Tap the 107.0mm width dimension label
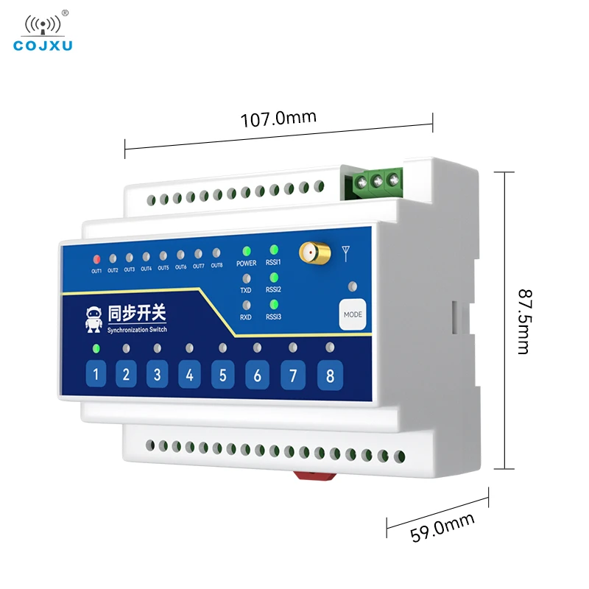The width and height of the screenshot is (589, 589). click(x=278, y=118)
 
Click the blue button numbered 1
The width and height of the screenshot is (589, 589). click(x=95, y=375)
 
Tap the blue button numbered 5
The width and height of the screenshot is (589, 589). click(x=222, y=375)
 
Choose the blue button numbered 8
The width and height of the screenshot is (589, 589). click(x=330, y=376)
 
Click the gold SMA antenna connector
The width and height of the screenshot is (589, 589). click(x=312, y=253)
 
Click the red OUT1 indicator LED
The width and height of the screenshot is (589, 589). click(x=96, y=259)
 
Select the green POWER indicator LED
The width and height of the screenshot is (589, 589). click(x=247, y=251)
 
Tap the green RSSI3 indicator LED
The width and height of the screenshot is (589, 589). click(x=274, y=304)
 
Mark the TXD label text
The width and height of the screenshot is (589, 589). click(x=246, y=290)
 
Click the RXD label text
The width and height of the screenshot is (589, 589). click(x=246, y=318)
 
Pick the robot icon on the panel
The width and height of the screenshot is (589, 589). click(x=93, y=319)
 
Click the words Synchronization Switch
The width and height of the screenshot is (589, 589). click(x=136, y=330)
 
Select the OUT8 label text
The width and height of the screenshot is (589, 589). click(x=216, y=266)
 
